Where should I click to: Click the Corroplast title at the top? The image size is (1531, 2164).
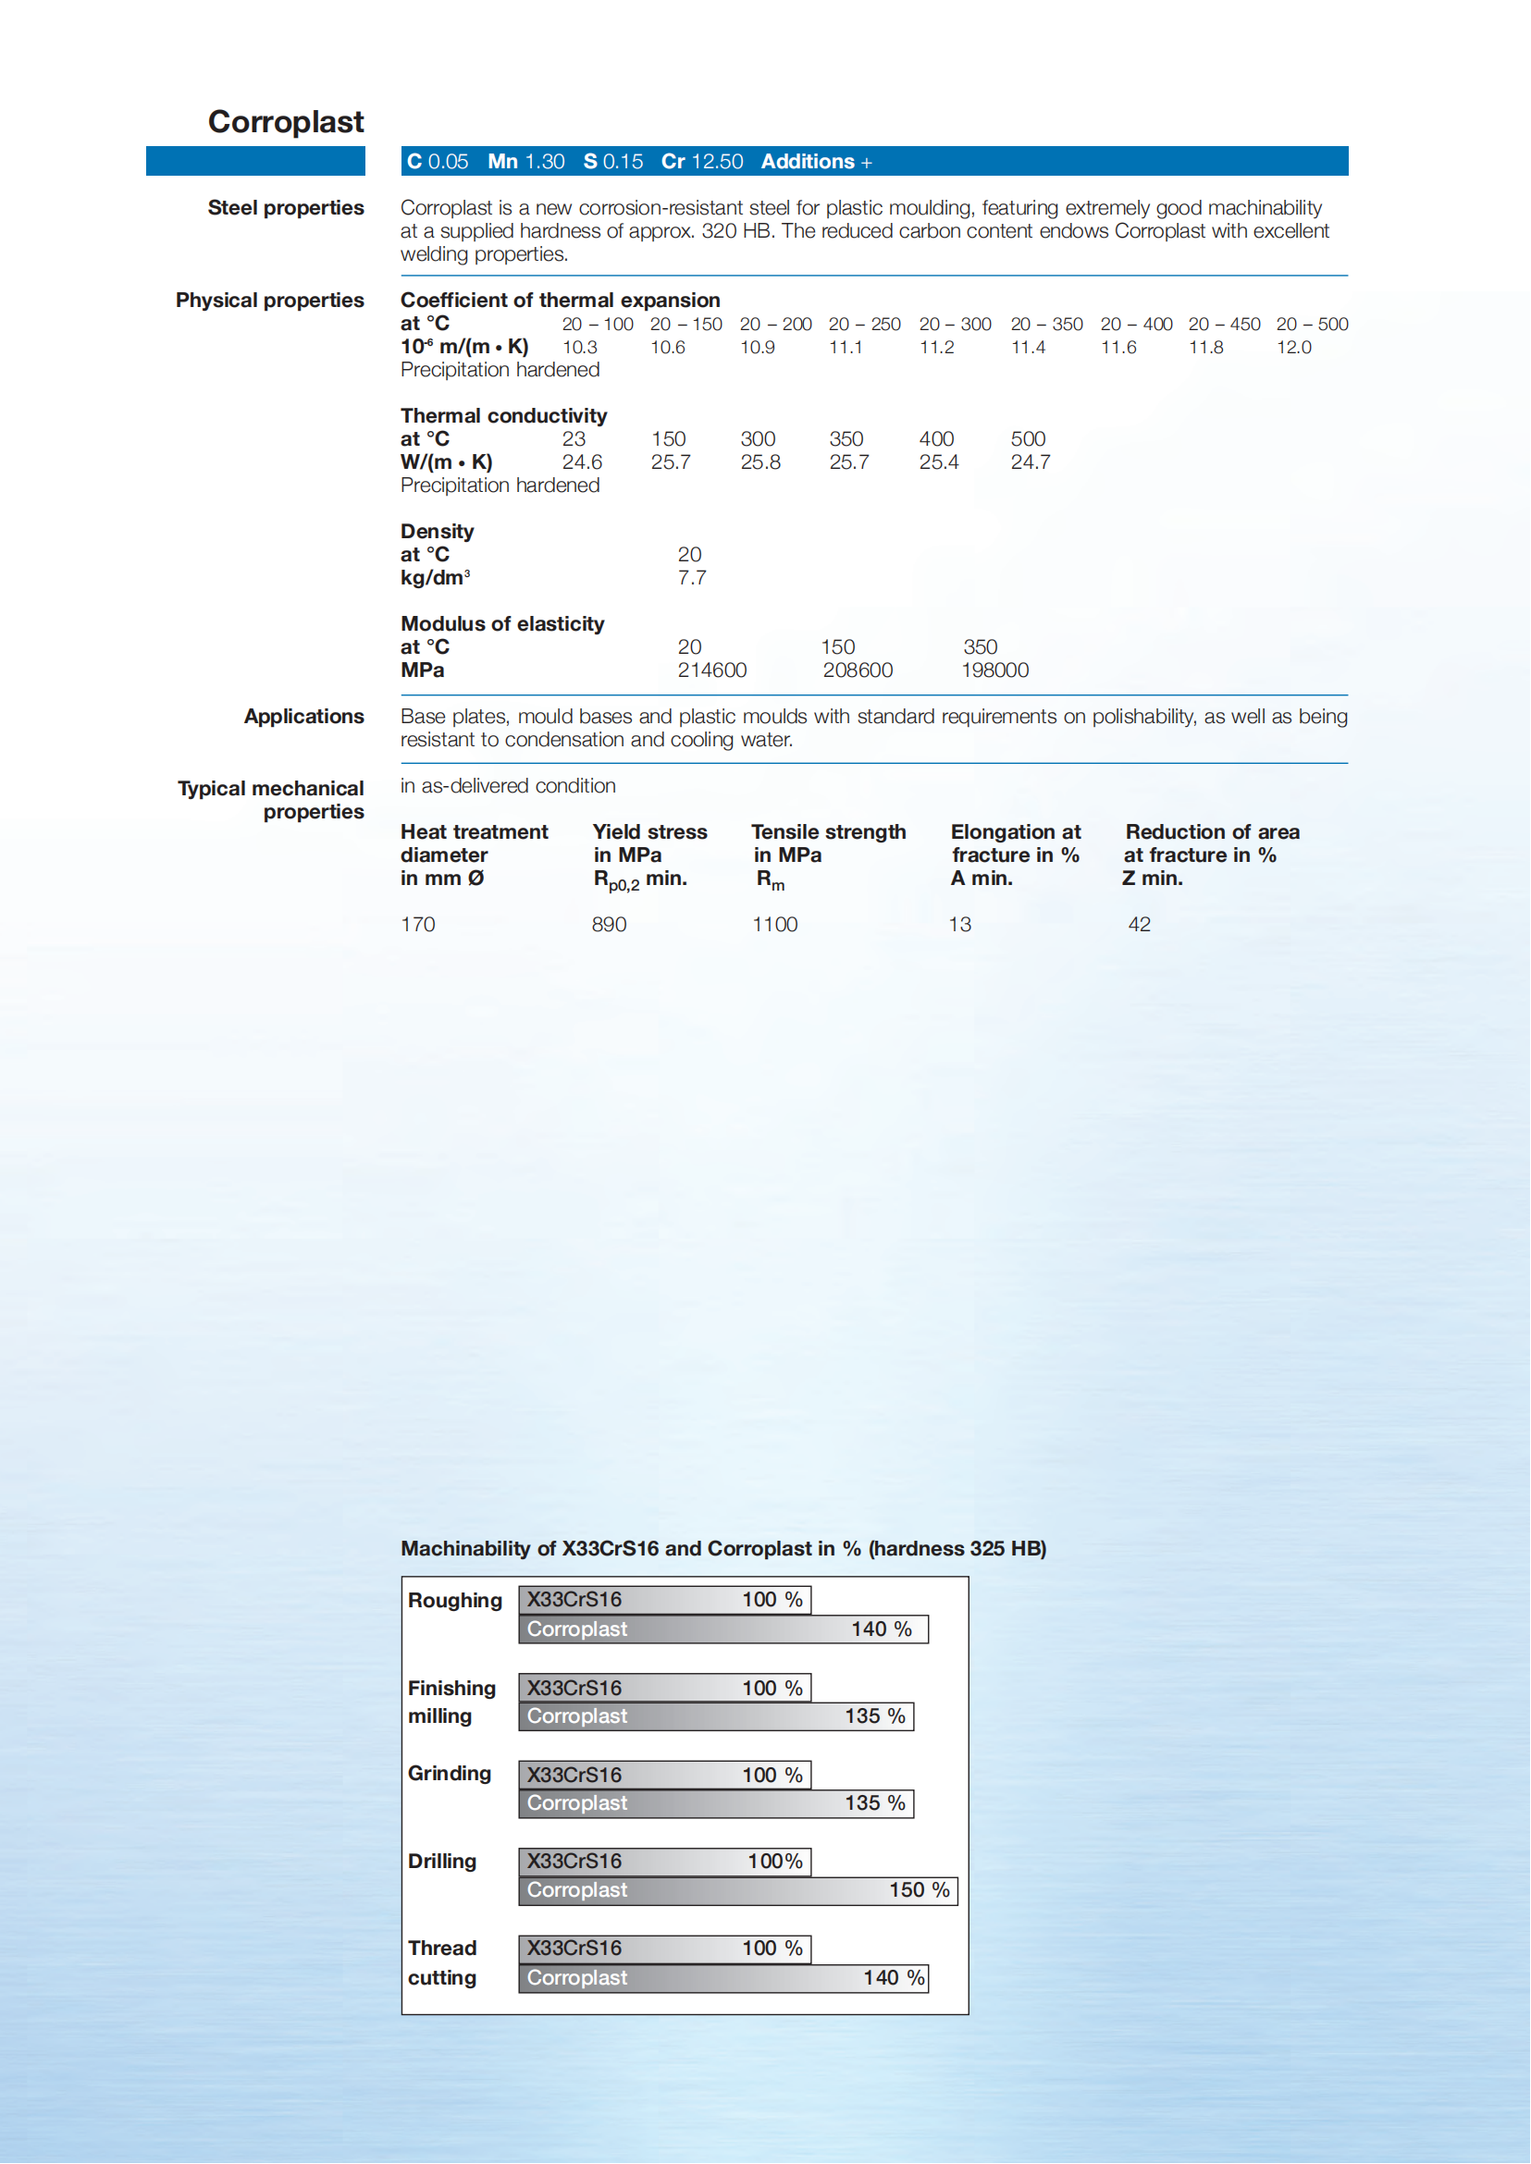286,121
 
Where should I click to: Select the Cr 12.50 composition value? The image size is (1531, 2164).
701,161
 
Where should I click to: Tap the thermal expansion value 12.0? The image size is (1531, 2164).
1293,347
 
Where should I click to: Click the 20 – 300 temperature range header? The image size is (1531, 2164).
955,325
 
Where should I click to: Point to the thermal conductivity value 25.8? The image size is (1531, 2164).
759,461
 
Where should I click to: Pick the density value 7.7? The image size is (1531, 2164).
691,578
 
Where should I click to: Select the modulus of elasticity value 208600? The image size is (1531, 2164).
857,670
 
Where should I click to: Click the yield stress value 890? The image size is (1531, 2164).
609,924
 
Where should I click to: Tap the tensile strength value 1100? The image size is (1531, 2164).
774,924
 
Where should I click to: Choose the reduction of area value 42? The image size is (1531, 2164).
1139,924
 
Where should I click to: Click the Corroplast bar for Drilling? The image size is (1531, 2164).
737,1889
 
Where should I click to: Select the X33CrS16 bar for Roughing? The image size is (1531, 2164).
663,1600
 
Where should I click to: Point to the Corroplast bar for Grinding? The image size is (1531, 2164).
715,1803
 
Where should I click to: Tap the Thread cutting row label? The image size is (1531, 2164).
442,1962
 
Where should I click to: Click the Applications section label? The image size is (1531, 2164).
303,717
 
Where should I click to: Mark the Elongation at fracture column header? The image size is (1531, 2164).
1015,854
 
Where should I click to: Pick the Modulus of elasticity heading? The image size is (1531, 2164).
502,624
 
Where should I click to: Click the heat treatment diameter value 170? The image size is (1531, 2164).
417,924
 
